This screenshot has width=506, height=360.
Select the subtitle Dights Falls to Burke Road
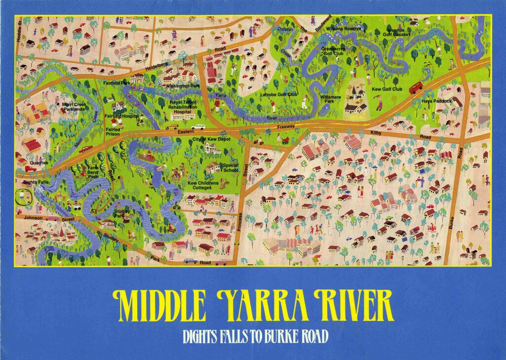point(255,337)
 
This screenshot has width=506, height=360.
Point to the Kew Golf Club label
point(387,89)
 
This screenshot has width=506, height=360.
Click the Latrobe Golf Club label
point(279,94)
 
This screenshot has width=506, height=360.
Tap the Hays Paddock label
point(436,101)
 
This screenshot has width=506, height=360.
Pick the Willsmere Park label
point(330,99)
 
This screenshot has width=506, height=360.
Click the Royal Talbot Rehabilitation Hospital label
point(183,107)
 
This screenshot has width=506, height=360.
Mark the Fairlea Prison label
point(113,131)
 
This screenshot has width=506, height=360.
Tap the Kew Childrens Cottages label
point(203,185)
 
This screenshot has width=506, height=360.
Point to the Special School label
point(230,168)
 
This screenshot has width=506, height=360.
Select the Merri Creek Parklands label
point(74,107)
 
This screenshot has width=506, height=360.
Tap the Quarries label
point(39,162)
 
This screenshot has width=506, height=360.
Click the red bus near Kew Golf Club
point(416,87)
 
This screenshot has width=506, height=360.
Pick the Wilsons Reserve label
point(345,29)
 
